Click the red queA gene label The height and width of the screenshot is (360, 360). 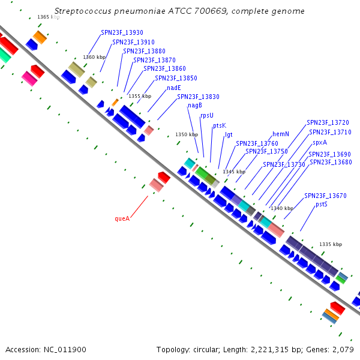point(122,218)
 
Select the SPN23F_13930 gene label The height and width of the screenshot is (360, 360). point(122,32)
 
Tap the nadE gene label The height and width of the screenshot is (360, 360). point(174,88)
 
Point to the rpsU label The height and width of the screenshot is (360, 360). point(207,115)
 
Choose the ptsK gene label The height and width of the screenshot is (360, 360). point(220,125)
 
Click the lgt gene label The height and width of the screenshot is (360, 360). point(229,134)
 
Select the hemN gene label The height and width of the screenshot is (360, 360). point(281,134)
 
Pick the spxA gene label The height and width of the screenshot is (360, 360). point(320,143)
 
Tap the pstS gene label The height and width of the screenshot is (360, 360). point(322,205)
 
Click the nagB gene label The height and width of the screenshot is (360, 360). point(195,106)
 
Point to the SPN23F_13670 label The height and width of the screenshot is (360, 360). point(325,196)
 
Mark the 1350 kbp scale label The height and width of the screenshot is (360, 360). point(187,134)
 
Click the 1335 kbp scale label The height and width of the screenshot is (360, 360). point(331,244)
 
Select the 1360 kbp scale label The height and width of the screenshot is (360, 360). point(94,57)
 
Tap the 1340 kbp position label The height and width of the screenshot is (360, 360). point(282,208)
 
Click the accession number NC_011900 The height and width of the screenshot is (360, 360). point(65,350)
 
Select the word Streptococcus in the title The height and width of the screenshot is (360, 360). point(83,11)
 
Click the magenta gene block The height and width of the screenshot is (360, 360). point(29,79)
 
